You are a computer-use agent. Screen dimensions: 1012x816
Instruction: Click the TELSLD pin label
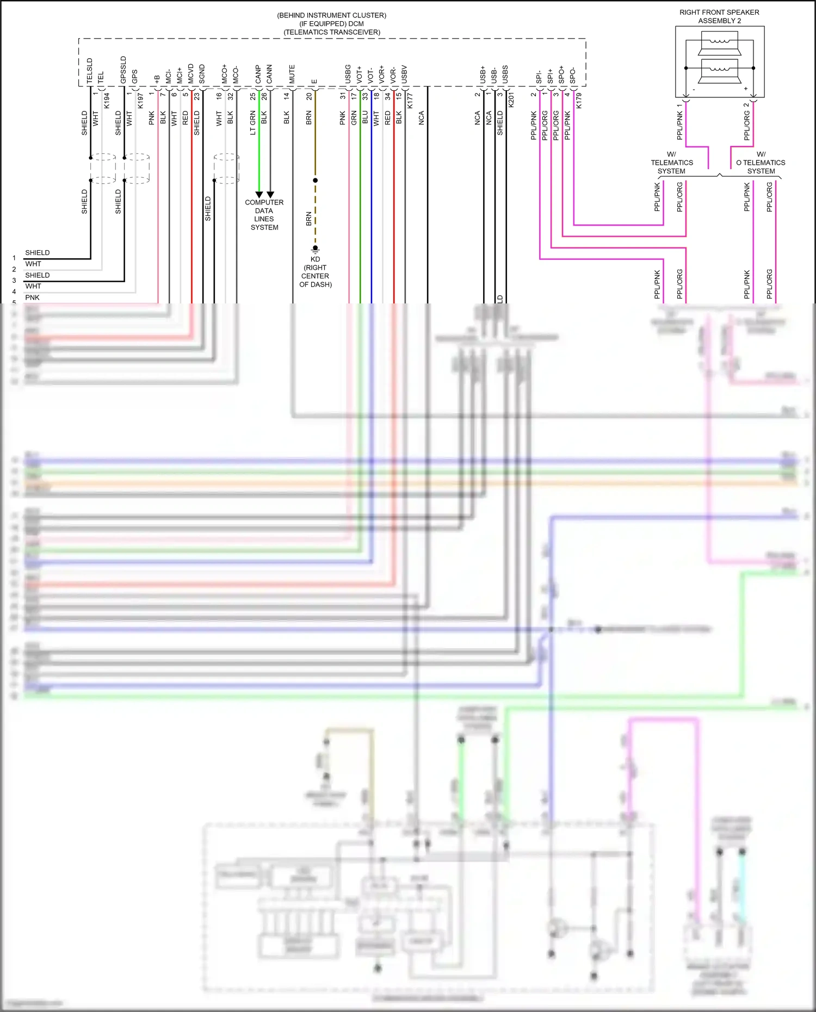90,71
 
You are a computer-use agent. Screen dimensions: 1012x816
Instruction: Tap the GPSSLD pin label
123,70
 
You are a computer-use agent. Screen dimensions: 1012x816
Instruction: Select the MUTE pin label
292,74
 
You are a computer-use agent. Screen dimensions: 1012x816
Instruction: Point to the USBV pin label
404,74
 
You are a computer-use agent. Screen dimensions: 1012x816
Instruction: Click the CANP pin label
258,74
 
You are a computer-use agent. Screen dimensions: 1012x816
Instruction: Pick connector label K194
107,100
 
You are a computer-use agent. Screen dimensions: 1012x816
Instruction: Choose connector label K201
511,100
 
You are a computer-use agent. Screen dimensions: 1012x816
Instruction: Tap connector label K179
579,100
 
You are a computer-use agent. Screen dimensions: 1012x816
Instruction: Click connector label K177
410,100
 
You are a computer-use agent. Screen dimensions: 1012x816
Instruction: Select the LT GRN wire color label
252,123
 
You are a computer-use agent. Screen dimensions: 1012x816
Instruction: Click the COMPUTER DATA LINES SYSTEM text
264,215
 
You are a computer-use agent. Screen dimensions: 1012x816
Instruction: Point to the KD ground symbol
315,249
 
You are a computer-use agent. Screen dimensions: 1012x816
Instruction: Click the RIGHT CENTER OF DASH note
316,276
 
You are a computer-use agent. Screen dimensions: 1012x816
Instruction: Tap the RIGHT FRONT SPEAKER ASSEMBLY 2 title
719,16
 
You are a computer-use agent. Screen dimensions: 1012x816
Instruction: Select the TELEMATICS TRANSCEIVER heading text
332,32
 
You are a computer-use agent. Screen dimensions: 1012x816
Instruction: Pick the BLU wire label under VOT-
365,117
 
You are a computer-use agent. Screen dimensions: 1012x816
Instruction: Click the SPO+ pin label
561,74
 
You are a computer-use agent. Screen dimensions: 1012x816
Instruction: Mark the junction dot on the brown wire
315,180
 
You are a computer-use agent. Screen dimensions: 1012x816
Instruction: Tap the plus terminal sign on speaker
746,89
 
